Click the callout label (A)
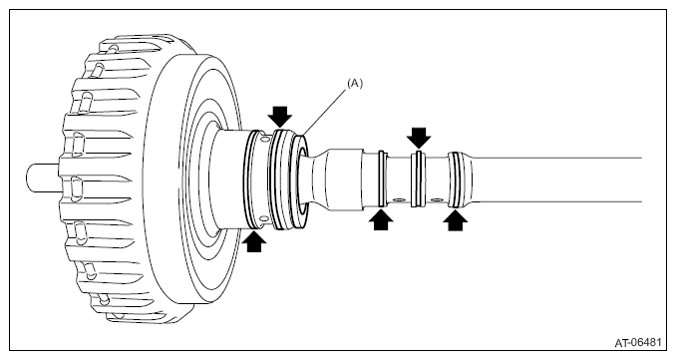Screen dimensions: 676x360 (x=355, y=84)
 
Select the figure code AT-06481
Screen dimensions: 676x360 (x=638, y=343)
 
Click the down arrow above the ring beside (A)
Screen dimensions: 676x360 (x=280, y=117)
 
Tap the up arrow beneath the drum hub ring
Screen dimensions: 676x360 (x=254, y=241)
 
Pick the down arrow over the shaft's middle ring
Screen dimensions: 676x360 (x=419, y=138)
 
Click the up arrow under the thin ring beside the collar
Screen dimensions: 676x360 (x=381, y=219)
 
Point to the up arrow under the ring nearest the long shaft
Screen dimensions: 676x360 (x=456, y=219)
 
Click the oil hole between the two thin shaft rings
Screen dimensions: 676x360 (x=398, y=199)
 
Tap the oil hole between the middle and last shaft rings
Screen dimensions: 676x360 (x=437, y=200)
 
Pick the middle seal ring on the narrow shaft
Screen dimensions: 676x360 (x=418, y=179)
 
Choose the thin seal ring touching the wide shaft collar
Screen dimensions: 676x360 (x=380, y=179)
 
